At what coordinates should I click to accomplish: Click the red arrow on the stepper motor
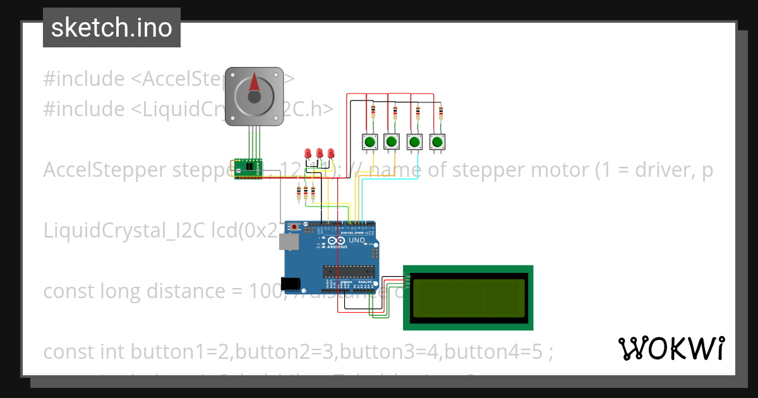255,83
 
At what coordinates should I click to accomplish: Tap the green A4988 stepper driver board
248,168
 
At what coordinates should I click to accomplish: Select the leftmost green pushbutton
369,142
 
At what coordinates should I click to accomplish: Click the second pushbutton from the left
392,142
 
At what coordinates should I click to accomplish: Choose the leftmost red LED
308,154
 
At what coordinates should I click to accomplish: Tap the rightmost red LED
330,154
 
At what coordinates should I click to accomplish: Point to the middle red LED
319,154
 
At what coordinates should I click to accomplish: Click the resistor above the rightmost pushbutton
440,113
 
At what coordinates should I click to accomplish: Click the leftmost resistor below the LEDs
299,192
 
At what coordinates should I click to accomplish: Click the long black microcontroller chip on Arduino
349,272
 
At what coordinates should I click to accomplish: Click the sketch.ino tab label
112,28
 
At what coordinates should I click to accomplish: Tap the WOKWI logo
671,349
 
